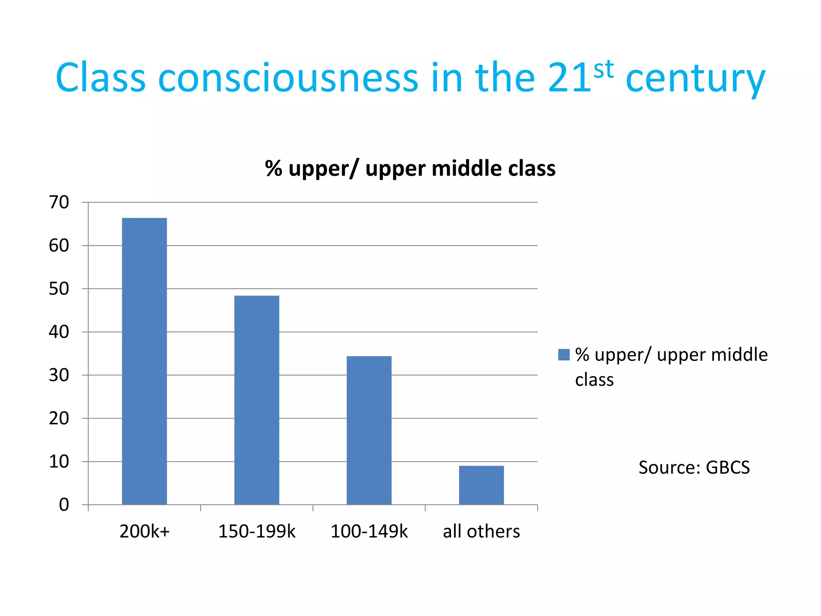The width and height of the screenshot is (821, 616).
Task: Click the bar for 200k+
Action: point(144,361)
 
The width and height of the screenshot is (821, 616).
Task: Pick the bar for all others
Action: point(481,485)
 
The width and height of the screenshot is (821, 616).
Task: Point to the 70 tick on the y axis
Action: point(59,203)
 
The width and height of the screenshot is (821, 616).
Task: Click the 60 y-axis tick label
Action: point(59,246)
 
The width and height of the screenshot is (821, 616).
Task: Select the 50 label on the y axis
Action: point(59,289)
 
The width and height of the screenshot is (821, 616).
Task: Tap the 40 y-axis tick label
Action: point(59,332)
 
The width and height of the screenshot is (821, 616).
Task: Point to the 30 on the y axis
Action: point(59,375)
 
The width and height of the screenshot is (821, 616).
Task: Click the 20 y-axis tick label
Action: point(59,419)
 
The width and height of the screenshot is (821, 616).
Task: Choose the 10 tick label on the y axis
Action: point(59,462)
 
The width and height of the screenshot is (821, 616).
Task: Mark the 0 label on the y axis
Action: point(64,505)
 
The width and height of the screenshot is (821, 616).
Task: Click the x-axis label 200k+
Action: point(145,532)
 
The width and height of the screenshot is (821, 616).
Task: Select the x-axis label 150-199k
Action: point(257,532)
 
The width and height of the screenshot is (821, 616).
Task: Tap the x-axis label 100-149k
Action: point(369,532)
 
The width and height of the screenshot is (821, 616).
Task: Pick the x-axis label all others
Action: point(481,532)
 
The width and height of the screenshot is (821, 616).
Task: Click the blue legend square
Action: point(564,355)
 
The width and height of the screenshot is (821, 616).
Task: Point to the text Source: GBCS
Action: point(694,468)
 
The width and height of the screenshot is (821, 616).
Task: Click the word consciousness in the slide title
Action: point(288,78)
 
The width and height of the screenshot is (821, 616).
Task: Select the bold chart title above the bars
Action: point(410,168)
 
